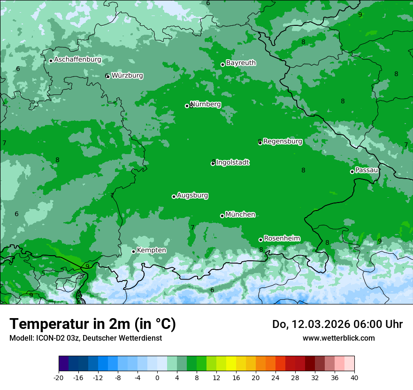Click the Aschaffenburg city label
coord(77,60)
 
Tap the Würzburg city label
coord(127,76)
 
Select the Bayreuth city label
coord(241,63)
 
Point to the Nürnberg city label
coord(206,104)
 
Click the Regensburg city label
coord(283,141)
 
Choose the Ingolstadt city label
coord(232,163)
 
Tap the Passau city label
coord(367,170)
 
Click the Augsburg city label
coord(192,195)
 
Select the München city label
coord(240,215)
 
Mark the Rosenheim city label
coord(282,239)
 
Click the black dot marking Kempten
coord(133,251)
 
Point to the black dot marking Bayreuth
coord(222,65)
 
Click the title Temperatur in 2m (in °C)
coord(92,324)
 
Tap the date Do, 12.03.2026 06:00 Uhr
coord(337,324)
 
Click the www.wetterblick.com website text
coord(338,338)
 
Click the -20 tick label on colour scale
coord(59,377)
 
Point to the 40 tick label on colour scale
coord(354,377)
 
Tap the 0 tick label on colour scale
coord(157,377)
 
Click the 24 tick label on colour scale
coord(275,377)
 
